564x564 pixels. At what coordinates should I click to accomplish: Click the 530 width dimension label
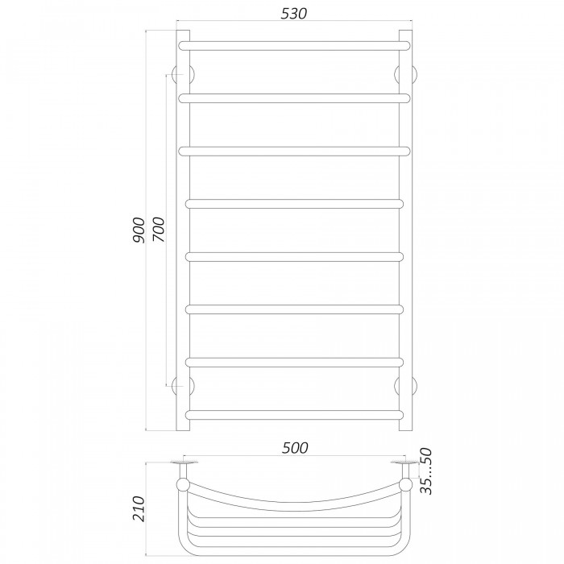(293, 14)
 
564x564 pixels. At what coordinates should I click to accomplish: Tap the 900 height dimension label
(139, 230)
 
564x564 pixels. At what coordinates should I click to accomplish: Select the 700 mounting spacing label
(158, 230)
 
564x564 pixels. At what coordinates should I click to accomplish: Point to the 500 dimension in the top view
(295, 448)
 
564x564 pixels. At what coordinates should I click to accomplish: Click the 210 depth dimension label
(139, 508)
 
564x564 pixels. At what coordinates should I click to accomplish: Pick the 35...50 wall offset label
(426, 471)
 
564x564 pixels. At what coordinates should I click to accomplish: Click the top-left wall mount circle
(183, 74)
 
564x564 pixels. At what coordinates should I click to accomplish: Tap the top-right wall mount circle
(406, 74)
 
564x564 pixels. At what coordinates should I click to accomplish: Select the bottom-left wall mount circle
(183, 386)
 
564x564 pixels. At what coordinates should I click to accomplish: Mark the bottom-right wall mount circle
(406, 386)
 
